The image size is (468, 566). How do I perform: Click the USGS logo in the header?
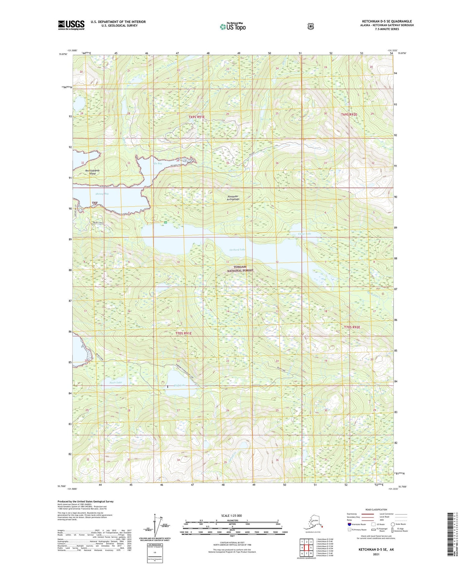pos(71,25)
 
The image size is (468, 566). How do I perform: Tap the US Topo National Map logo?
pos(233,27)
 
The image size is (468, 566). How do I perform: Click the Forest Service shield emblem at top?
pos(310,26)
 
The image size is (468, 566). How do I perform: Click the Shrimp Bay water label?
pos(102,194)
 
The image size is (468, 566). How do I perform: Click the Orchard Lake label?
pos(237,250)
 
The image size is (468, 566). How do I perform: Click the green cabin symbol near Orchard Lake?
pos(166,223)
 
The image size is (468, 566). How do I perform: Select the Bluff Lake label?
pos(179,385)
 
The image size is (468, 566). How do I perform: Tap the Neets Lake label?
pos(116,383)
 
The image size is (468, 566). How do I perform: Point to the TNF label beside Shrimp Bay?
pos(95,203)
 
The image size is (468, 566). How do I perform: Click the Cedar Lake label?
pos(304,234)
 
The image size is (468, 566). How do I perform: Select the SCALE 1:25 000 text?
pos(231,515)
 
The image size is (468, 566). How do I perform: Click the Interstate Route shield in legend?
pos(349,524)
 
